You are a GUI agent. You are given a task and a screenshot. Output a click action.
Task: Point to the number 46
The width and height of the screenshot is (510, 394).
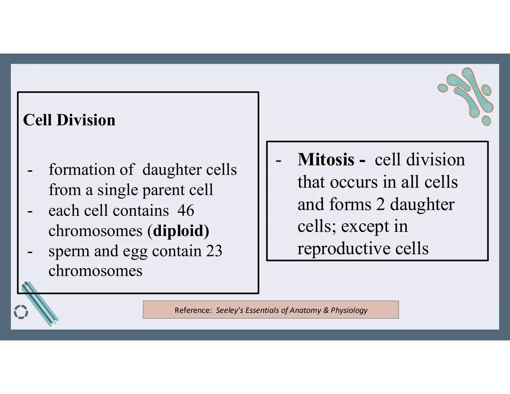click(186, 210)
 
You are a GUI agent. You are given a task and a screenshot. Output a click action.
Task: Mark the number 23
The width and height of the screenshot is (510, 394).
click(214, 251)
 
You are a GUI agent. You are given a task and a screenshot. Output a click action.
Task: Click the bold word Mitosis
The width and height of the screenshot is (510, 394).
click(326, 159)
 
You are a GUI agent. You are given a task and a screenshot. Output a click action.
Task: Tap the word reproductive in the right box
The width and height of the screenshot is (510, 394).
click(342, 249)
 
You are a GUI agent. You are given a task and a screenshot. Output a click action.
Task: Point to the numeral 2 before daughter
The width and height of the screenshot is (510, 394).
click(380, 204)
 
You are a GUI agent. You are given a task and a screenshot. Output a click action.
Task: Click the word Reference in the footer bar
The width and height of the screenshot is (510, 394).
click(193, 310)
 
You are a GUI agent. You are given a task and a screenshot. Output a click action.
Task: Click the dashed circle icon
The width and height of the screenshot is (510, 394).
click(21, 312)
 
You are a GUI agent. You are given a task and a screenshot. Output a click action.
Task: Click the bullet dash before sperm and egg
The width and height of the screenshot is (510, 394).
click(30, 251)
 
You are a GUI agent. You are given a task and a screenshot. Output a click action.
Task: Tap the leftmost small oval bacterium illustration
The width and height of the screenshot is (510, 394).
click(442, 88)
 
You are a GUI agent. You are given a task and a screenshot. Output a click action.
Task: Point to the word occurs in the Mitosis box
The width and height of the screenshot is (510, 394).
click(353, 182)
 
